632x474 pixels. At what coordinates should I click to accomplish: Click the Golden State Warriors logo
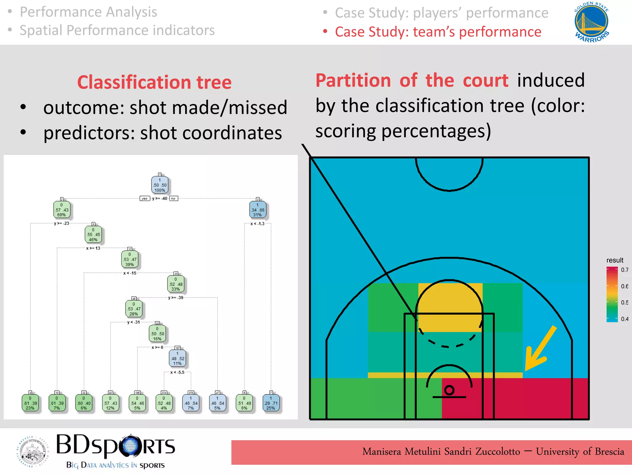point(591,22)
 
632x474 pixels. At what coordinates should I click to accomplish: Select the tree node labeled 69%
point(61,210)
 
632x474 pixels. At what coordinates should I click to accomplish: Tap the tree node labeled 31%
point(257,210)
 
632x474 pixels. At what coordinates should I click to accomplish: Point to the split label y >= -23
point(61,223)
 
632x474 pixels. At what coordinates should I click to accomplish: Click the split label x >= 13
point(93,248)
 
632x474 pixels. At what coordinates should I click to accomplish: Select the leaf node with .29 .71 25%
point(271,403)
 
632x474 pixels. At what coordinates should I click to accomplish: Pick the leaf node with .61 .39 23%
point(30,403)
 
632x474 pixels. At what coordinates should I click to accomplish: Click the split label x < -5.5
point(177,372)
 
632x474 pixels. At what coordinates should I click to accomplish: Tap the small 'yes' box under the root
point(144,198)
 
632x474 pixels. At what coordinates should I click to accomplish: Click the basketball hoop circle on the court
point(449,390)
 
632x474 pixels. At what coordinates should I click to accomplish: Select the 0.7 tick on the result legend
point(624,270)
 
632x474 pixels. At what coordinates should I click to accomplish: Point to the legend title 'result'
point(615,260)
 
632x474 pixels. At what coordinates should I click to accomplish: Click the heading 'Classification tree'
point(154,82)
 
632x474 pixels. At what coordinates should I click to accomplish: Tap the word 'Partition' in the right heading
point(353,81)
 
